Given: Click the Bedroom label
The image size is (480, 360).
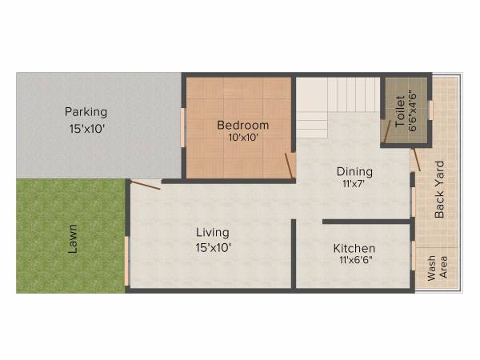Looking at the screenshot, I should coord(243,126).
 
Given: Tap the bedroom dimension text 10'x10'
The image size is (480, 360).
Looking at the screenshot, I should coord(243,137).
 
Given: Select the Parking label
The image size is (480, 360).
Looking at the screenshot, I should coord(86,112).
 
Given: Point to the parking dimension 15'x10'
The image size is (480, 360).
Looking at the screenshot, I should coord(86,126).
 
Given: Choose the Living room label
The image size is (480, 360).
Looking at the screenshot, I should coord(214,233).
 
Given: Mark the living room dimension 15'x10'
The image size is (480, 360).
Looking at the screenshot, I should coord(214,247).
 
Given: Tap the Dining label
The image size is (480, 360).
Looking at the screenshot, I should coord(354,171).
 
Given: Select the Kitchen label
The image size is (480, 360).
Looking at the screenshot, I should coord(354,249).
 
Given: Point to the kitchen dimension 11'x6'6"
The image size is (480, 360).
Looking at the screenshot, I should coord(354,261).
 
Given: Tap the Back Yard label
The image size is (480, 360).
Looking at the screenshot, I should coord(439,190).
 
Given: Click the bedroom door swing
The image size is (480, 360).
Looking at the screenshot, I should coord(290,166).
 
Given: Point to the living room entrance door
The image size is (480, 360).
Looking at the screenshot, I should coord(145,186).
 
